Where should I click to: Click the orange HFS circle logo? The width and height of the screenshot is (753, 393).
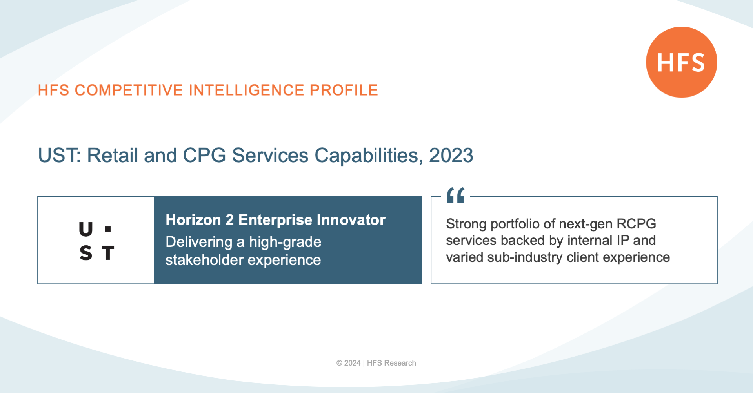682,62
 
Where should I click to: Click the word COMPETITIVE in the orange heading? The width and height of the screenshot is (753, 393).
129,90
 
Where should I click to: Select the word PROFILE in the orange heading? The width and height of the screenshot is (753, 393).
344,90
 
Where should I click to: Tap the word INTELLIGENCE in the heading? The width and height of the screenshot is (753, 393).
247,90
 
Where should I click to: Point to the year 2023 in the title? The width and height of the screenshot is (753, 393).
451,155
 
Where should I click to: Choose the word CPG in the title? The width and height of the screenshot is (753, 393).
204,155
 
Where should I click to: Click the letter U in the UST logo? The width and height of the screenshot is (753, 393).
86,229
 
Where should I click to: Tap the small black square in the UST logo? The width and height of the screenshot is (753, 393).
108,228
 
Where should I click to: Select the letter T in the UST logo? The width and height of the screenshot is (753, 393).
108,253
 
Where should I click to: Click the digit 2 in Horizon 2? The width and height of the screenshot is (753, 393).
229,220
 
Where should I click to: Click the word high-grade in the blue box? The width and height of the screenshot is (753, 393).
285,243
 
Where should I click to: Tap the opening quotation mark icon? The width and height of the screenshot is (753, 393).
455,195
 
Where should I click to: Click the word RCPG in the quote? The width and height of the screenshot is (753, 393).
636,224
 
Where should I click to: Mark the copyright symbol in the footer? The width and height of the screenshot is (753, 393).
339,363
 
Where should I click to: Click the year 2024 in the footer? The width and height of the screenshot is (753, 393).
352,363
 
